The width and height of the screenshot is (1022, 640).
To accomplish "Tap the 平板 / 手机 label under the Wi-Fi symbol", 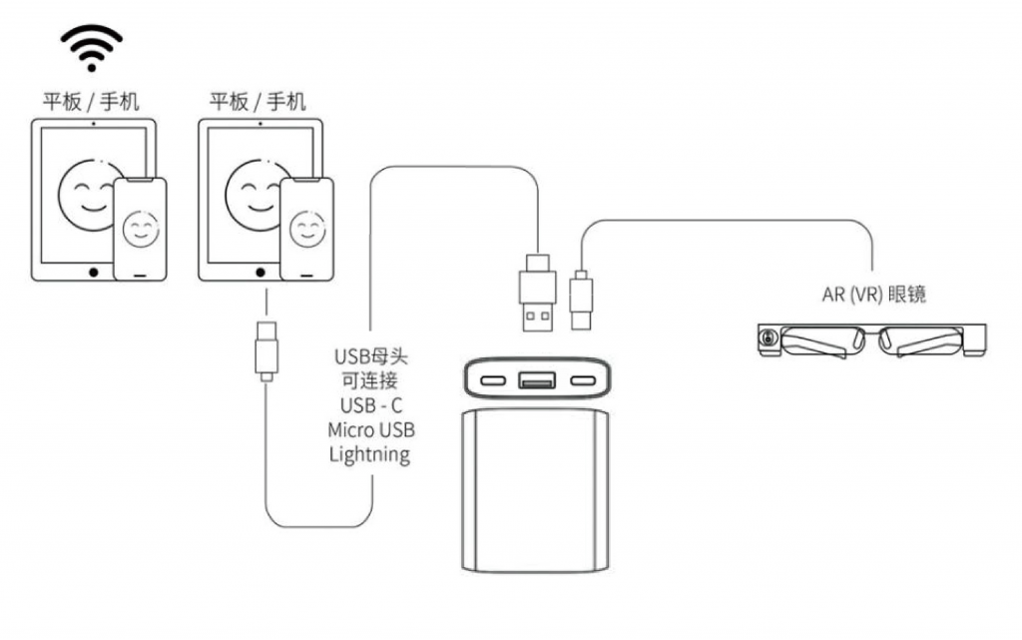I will (90, 101).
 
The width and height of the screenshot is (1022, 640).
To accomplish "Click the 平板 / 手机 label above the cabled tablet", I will (257, 101).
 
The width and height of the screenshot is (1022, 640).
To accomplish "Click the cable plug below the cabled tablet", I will (266, 349).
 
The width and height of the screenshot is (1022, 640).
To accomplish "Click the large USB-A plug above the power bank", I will (537, 298).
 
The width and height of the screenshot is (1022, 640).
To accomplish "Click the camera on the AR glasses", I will (766, 339).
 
